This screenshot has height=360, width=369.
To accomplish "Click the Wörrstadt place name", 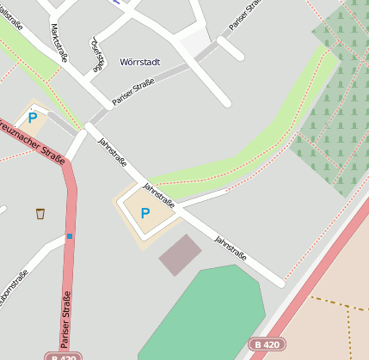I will coord(140,62).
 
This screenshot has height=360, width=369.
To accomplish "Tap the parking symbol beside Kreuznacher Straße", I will coord(33,118).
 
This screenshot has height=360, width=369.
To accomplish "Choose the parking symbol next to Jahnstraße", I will coord(145,212).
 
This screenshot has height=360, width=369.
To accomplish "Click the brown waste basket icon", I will coord(40,213).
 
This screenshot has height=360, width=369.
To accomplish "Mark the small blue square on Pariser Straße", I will coord(70,235).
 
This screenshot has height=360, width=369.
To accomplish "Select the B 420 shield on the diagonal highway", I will coord(266,344).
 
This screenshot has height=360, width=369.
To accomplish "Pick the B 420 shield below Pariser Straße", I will coord(65,356).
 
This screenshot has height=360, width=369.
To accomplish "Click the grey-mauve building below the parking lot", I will coord(180,254).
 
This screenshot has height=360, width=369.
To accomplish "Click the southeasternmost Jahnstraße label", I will coord(231,247).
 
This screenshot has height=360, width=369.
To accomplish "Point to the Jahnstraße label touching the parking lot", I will coord(159,195).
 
